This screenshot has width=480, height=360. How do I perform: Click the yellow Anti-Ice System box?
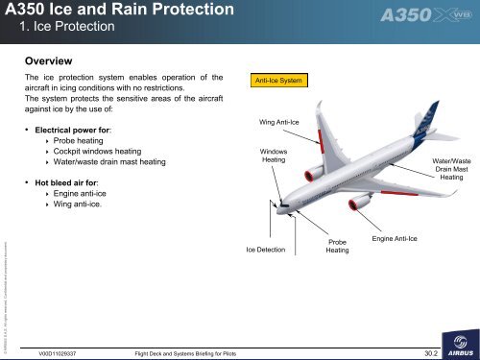pos(278,80)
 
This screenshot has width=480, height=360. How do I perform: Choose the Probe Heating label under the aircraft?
pos(337,247)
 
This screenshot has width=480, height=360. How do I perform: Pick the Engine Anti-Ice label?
pos(394,237)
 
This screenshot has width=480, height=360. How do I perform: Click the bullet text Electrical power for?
pos(74,128)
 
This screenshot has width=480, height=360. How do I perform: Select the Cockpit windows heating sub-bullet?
pos(101,152)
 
